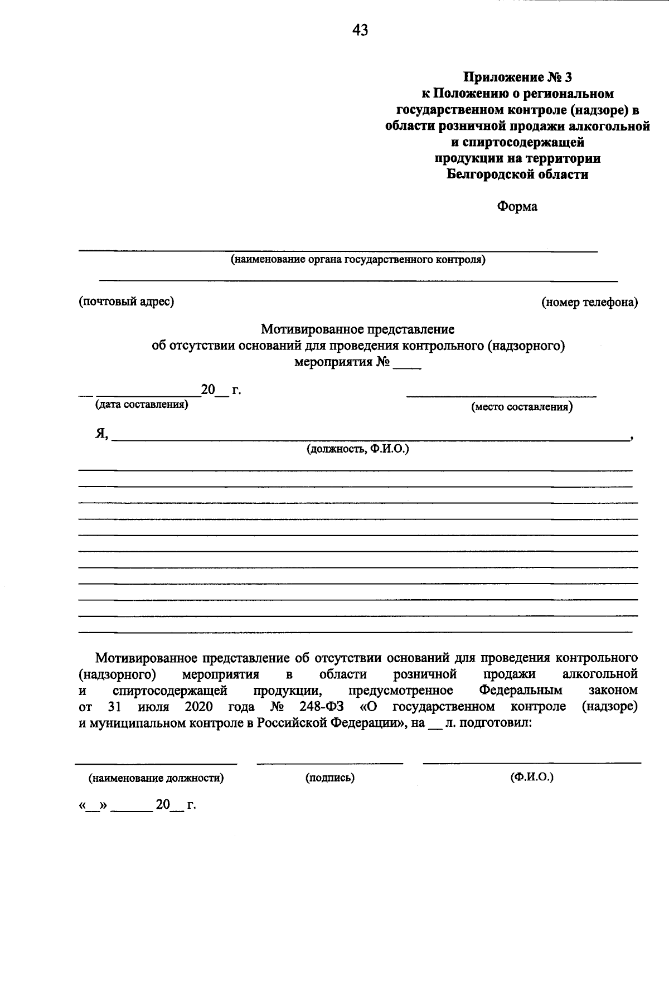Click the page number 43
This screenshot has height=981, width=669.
tap(360, 30)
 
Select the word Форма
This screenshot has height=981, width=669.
tap(517, 207)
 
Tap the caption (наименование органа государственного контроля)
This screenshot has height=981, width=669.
tap(358, 259)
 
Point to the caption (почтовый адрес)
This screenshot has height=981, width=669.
tap(126, 302)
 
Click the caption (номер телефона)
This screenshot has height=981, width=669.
tap(590, 302)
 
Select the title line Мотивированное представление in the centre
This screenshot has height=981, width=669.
tap(358, 329)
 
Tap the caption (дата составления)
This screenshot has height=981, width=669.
tap(142, 405)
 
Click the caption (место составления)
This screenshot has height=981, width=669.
tap(522, 407)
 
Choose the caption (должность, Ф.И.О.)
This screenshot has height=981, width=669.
tap(358, 449)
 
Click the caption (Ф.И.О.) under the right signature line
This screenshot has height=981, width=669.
tap(531, 777)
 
